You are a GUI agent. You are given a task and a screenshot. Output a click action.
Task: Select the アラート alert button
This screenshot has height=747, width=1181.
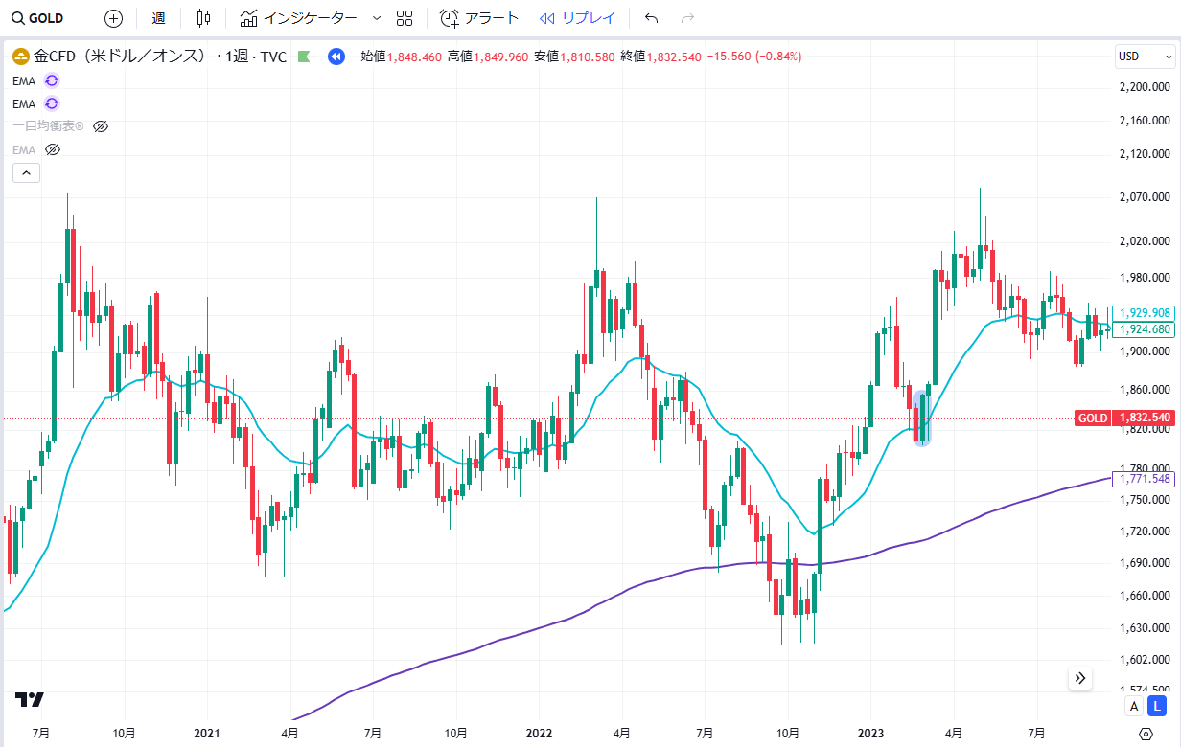(x=479, y=18)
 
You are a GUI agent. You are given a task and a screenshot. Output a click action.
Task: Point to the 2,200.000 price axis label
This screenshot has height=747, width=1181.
(x=1146, y=87)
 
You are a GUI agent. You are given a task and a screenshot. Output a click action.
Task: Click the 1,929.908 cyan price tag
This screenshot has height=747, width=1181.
(x=1145, y=313)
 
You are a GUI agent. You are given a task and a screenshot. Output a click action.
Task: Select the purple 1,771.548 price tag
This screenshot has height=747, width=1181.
(x=1145, y=478)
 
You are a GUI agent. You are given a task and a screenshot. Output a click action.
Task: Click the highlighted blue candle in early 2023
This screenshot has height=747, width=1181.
(x=921, y=419)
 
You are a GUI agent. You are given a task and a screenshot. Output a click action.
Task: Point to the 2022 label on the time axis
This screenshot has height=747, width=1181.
(x=539, y=733)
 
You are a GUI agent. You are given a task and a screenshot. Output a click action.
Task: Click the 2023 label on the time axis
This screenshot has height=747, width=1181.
(x=869, y=733)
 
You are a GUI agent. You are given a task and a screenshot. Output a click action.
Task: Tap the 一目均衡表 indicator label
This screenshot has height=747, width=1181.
(x=48, y=126)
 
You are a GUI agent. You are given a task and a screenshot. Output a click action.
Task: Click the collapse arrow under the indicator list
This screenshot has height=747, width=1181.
(x=26, y=173)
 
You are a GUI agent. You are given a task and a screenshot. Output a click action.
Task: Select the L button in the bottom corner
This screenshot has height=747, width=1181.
(x=1157, y=706)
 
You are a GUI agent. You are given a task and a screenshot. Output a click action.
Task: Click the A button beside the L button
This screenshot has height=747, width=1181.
(x=1134, y=706)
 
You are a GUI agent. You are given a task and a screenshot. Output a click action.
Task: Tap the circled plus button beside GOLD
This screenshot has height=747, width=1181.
(x=113, y=18)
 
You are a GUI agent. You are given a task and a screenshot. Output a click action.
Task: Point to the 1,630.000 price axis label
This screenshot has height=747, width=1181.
(x=1146, y=628)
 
